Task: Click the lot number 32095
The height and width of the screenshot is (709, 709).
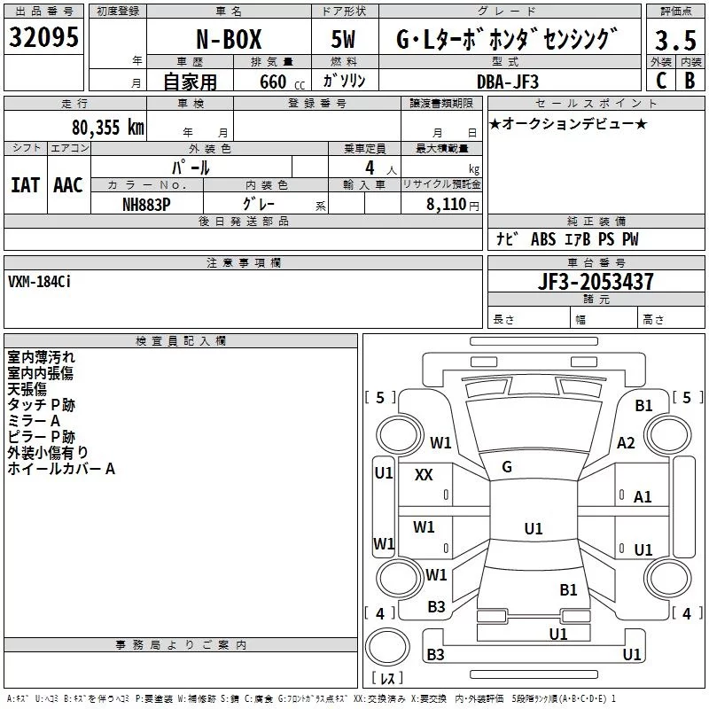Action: (43, 37)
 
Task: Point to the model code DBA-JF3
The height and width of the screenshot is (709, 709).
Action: (507, 81)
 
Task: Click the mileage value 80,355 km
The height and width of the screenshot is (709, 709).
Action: (107, 127)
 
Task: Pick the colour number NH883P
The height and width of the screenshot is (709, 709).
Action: (146, 204)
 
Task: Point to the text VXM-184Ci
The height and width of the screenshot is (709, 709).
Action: (41, 283)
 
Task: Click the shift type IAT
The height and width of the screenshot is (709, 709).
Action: (25, 184)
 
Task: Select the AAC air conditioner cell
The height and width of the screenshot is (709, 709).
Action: (68, 184)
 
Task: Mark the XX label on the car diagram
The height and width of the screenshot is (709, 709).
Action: (424, 475)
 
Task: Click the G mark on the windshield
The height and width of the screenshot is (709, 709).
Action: (506, 466)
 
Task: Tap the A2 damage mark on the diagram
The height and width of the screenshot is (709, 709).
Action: (627, 443)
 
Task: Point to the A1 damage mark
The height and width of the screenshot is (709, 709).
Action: (643, 497)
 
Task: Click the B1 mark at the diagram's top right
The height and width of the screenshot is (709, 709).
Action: (644, 405)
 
